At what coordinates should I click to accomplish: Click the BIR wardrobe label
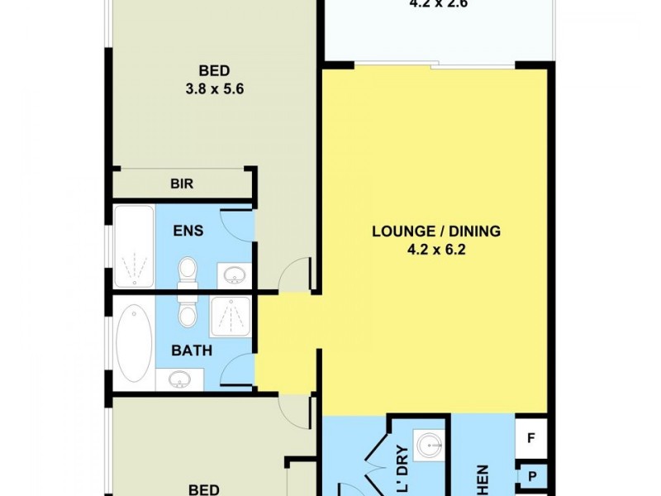click(182, 184)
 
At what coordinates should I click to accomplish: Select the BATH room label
click(192, 351)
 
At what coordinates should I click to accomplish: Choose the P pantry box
click(531, 477)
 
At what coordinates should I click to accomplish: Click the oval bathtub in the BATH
click(133, 342)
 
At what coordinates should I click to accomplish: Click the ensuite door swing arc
click(240, 225)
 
